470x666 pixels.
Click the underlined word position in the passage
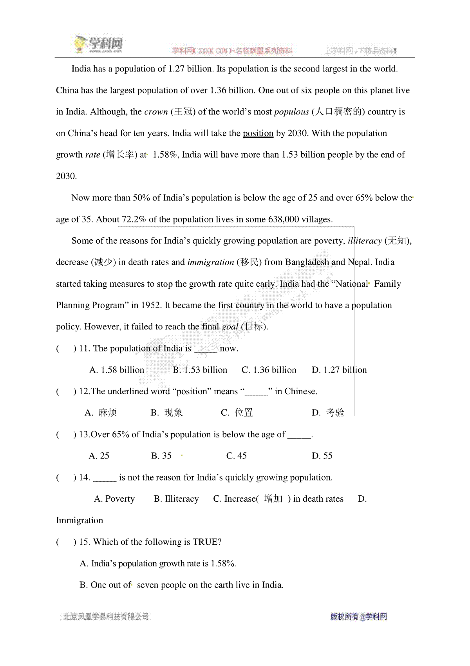[258, 133]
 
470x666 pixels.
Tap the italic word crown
[156, 112]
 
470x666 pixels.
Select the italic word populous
[291, 112]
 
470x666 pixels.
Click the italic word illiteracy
[364, 241]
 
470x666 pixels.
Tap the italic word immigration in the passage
[210, 262]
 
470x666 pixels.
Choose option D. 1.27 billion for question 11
[339, 370]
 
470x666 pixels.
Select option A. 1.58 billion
[117, 370]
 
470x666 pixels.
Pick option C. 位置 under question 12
[237, 413]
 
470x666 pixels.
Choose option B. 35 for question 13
[161, 456]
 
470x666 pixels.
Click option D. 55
[322, 456]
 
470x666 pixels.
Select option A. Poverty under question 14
[114, 499]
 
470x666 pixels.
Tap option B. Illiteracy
[176, 499]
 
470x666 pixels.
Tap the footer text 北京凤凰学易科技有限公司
[106, 617]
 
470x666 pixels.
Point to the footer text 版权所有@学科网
[358, 617]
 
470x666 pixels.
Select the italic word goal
[230, 327]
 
